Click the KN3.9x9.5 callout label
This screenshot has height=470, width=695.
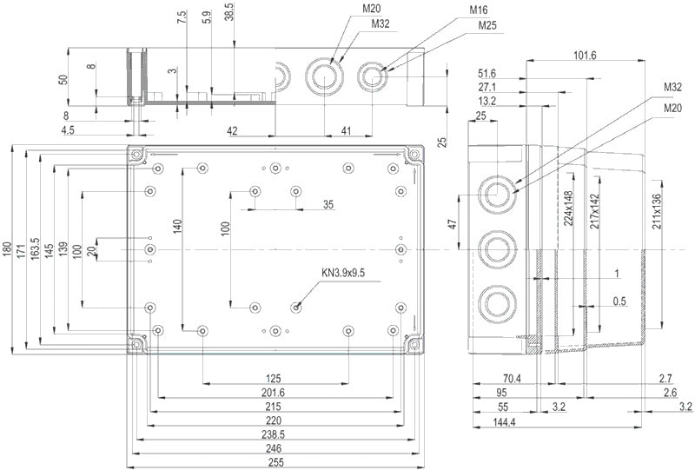click(x=343, y=274)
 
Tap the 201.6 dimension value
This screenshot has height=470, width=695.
click(x=274, y=392)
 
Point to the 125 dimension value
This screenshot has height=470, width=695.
click(x=274, y=378)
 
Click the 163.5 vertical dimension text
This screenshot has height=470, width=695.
click(x=35, y=252)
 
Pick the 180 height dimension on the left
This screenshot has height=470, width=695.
click(x=8, y=252)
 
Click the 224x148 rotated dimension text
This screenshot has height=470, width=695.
click(x=569, y=209)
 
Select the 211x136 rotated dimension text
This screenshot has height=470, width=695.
click(x=657, y=211)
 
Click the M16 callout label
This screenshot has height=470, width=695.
click(x=479, y=10)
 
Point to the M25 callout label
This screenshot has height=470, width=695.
click(x=486, y=24)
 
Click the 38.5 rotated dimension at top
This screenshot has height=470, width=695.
click(x=228, y=15)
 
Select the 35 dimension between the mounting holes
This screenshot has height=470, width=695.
click(x=328, y=205)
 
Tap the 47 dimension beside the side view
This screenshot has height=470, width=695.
click(x=453, y=224)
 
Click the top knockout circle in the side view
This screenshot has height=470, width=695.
click(x=496, y=193)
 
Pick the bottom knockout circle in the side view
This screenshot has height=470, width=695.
click(x=496, y=304)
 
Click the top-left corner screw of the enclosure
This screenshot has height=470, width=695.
click(x=137, y=156)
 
